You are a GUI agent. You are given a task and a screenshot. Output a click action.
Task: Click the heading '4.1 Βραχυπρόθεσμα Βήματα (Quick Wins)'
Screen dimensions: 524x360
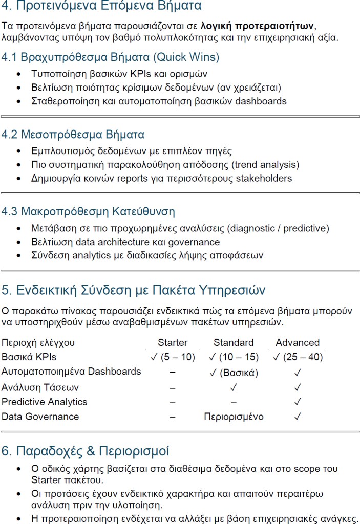coord(110,57)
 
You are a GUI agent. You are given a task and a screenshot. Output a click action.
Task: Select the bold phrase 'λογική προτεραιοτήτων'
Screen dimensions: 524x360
coord(258,25)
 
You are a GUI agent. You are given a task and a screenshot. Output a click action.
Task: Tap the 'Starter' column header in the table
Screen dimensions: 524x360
coord(173,343)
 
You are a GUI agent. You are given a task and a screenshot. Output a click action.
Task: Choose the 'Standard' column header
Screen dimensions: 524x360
coord(234,343)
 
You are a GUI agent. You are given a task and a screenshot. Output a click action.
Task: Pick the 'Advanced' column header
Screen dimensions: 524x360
coord(298,343)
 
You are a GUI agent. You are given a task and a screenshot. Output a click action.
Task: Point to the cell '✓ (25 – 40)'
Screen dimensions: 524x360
coord(298,357)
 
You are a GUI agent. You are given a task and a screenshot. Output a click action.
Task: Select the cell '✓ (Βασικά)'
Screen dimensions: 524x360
coord(234,372)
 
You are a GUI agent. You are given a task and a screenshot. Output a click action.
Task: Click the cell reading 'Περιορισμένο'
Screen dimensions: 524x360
coord(234,417)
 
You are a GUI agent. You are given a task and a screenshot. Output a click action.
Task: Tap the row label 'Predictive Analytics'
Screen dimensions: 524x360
coord(45,402)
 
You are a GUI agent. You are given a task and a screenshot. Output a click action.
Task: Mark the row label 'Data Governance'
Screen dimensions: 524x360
coord(40,417)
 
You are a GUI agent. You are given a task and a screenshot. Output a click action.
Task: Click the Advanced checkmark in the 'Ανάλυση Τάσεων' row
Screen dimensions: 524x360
coord(298,387)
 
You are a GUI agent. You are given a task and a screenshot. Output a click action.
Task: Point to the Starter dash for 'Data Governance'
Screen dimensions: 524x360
coord(173,417)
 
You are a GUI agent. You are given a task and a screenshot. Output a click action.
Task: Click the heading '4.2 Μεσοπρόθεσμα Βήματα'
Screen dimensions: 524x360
coord(73,135)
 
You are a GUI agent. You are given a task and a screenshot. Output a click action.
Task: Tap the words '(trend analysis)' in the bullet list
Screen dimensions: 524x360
coord(265,165)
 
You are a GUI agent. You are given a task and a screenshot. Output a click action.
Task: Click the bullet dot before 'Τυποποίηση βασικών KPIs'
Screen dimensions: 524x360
coord(19,74)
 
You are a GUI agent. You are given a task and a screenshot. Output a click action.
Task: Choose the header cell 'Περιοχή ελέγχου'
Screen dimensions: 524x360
coord(38,343)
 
